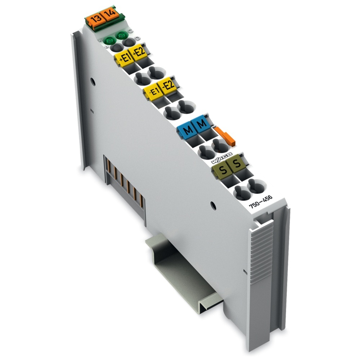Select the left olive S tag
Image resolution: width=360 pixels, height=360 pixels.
point(223,168)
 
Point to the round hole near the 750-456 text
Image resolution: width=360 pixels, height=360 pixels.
point(212,206)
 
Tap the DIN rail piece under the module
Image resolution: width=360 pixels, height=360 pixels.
point(187,274)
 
